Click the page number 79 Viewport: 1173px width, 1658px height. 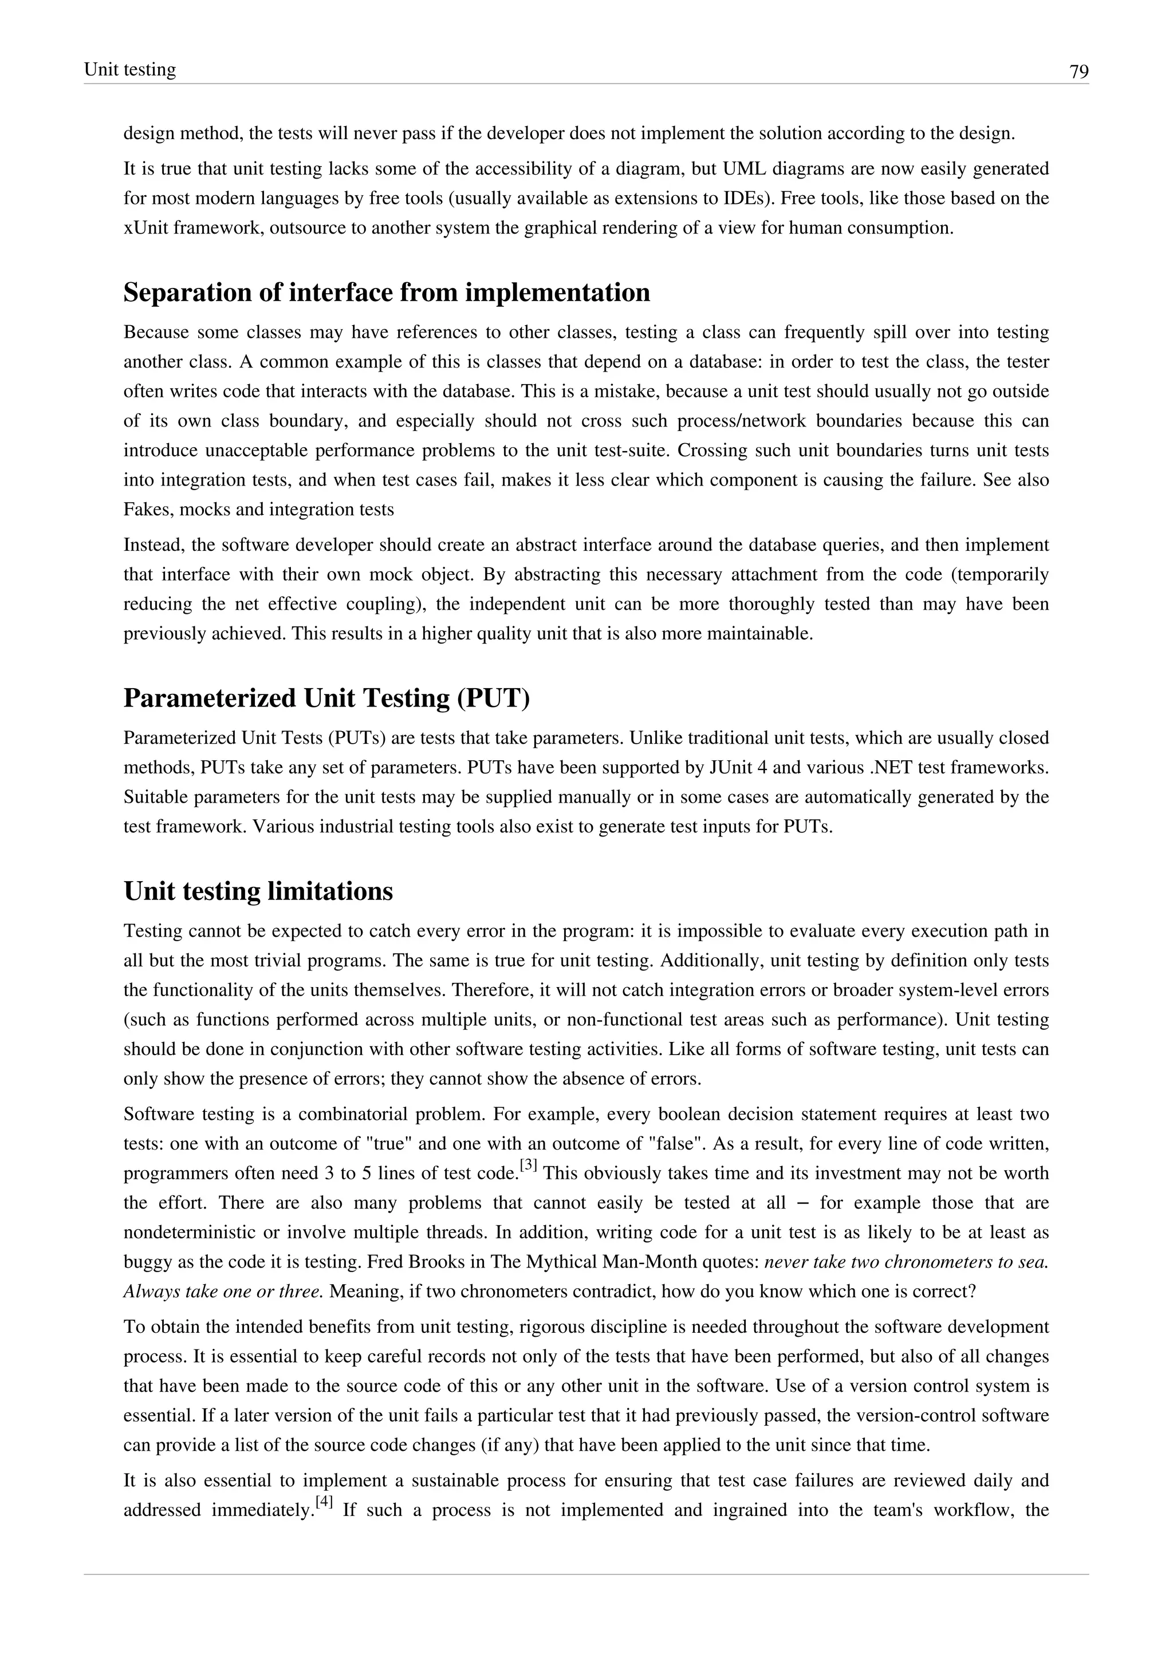(1078, 72)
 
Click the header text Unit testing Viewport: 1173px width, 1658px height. (130, 69)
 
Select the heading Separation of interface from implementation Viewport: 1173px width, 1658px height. (387, 293)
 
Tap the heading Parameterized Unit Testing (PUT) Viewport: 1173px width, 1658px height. (326, 698)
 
